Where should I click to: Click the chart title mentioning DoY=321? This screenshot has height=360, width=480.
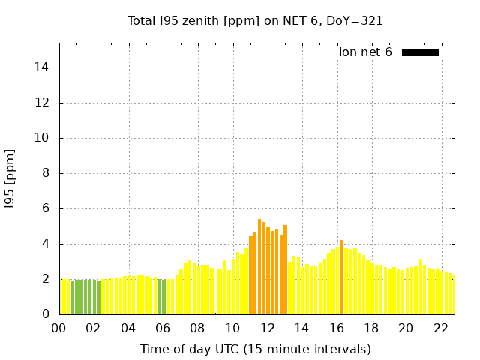point(255,21)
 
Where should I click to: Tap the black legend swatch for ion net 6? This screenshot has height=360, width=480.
point(420,52)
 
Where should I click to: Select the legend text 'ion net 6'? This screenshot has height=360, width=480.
point(365,52)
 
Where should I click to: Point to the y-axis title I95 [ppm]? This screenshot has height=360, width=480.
point(10,178)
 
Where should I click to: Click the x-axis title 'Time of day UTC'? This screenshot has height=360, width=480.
point(255,349)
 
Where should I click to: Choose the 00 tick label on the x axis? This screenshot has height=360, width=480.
point(59,328)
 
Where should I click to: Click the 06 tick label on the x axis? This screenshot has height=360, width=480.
point(163,328)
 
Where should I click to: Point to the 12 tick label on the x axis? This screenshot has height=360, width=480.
point(267,328)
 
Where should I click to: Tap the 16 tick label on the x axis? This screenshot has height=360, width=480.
point(336,328)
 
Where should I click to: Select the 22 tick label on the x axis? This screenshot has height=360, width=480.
point(440,328)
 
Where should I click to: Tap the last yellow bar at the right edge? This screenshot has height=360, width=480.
point(452,295)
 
